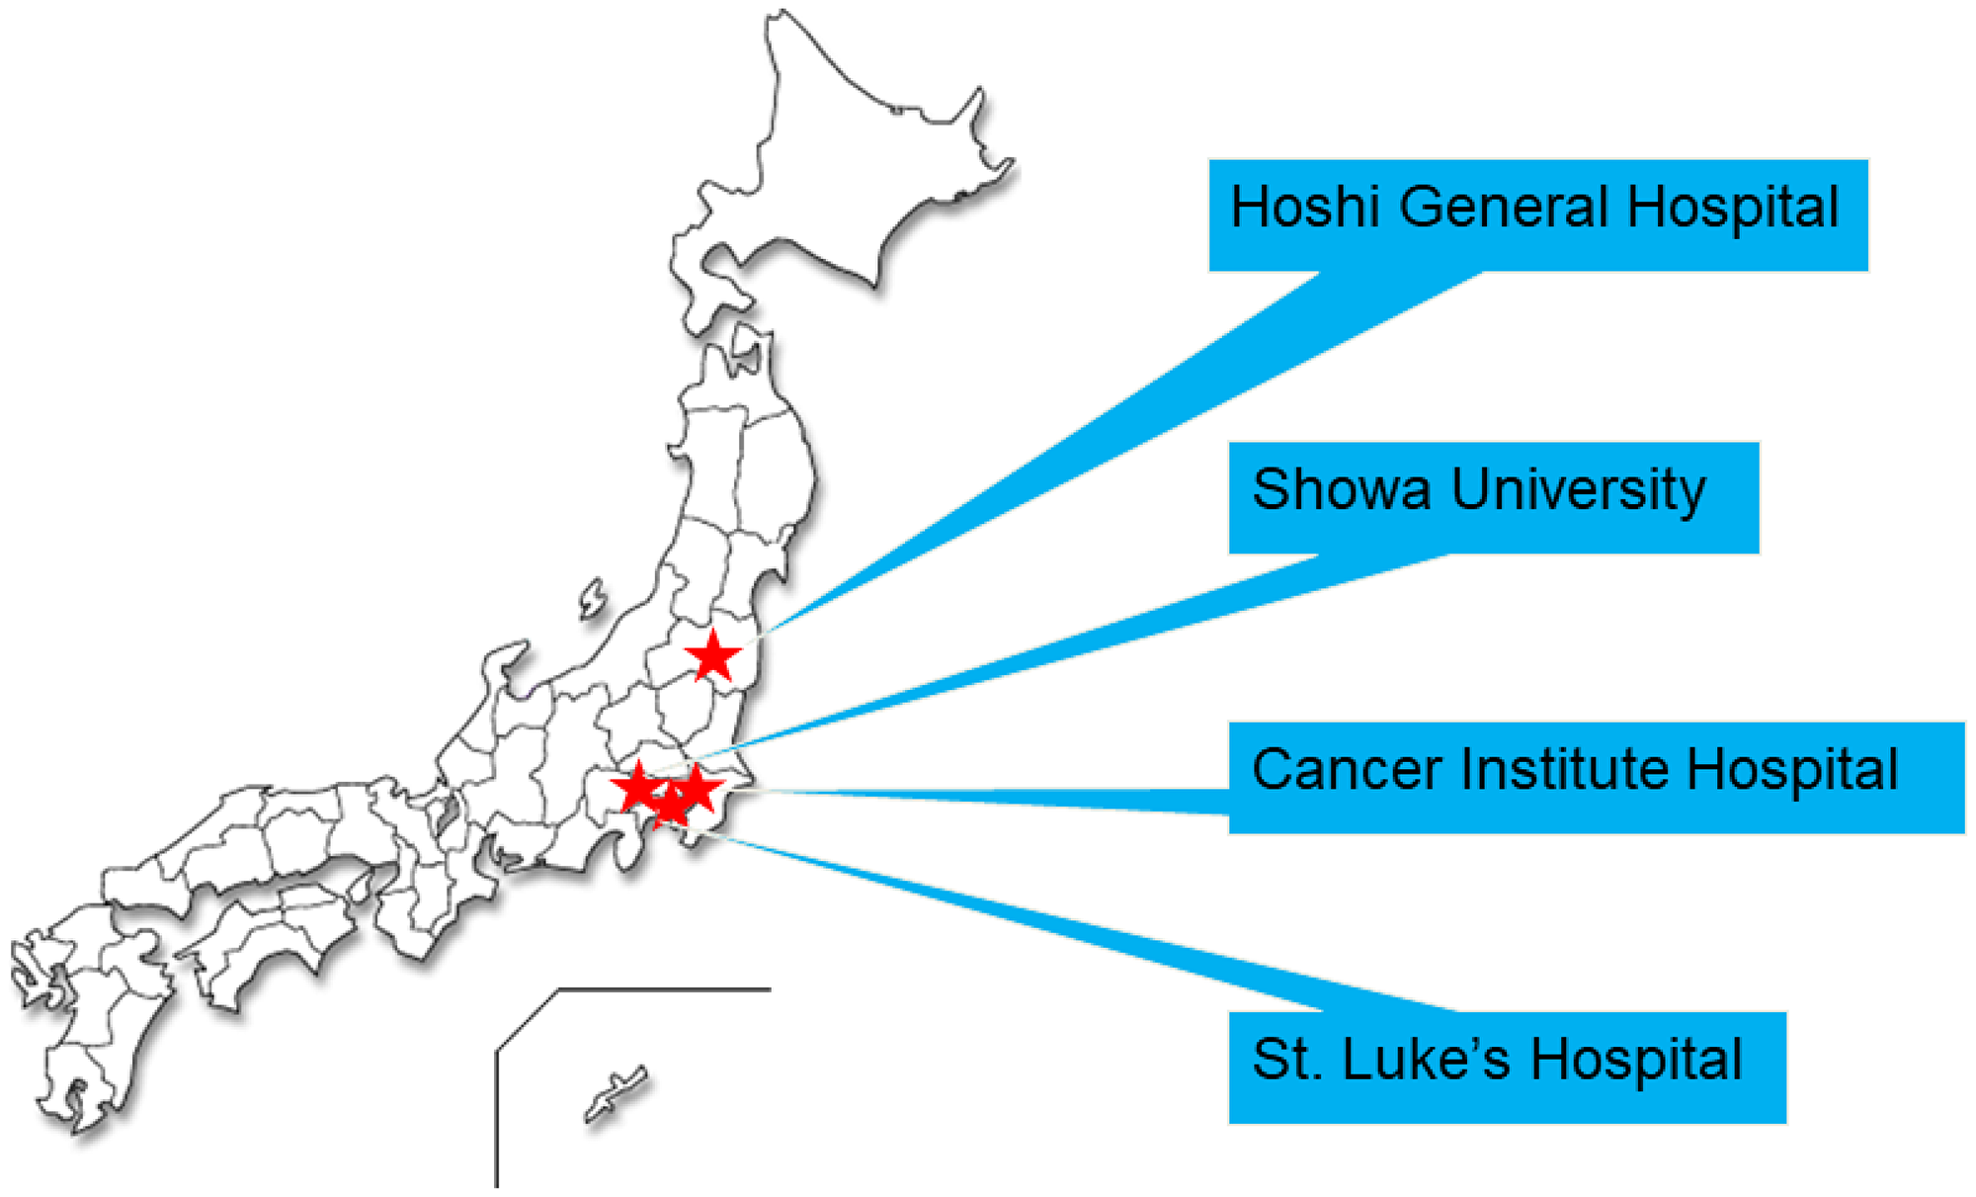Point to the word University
pos(1578,491)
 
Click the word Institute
pos(1564,769)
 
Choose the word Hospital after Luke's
pos(1637,1062)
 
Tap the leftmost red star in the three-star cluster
pos(638,787)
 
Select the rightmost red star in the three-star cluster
pos(697,788)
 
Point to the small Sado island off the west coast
pos(592,599)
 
